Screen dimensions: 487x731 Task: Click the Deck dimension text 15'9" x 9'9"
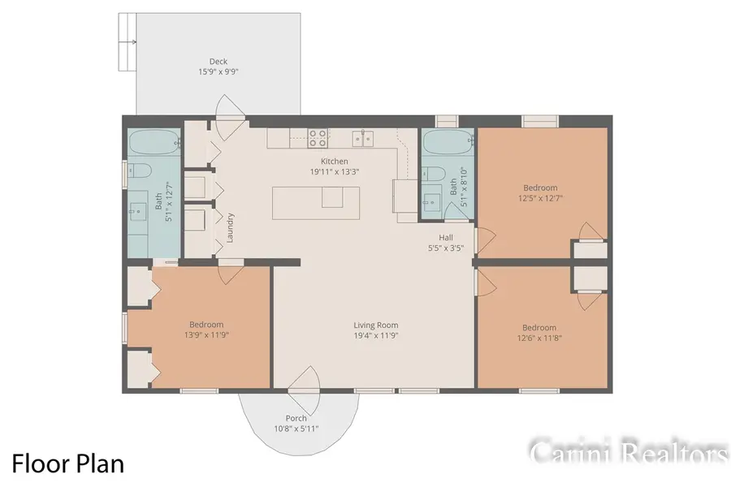(218, 71)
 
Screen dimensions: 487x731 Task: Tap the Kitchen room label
(334, 161)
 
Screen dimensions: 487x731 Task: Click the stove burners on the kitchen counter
(317, 136)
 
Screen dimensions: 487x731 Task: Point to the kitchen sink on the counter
(362, 136)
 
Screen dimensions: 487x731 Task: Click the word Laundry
(231, 228)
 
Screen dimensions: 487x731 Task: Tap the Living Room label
(375, 325)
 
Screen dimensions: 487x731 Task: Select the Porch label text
(296, 418)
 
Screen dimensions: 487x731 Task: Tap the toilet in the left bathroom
(138, 171)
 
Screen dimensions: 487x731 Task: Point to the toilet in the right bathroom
(432, 175)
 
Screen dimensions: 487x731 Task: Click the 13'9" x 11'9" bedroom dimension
(206, 334)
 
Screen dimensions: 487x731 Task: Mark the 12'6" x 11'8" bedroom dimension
(539, 338)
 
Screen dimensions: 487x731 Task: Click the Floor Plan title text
(67, 463)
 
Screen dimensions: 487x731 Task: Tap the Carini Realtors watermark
(628, 452)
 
